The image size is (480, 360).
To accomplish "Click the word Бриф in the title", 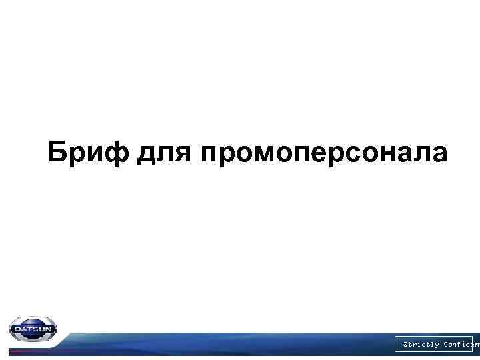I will [x=90, y=153].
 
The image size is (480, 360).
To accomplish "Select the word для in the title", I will [x=165, y=154].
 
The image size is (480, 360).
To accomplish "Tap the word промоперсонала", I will [x=323, y=154].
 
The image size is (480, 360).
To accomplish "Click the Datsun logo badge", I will [x=33, y=329].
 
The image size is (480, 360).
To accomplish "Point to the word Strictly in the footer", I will [x=421, y=345].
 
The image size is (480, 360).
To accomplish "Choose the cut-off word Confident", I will [x=461, y=345].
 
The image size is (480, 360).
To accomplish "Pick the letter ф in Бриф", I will [x=120, y=153].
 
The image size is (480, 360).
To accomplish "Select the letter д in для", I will [x=148, y=155].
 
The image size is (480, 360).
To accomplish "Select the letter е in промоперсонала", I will [x=313, y=154].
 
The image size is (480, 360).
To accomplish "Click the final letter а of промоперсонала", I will [x=439, y=154].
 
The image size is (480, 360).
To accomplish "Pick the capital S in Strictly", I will [x=405, y=345].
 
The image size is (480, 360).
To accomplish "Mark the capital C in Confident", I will [x=446, y=345].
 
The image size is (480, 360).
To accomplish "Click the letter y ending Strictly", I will [x=437, y=345].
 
